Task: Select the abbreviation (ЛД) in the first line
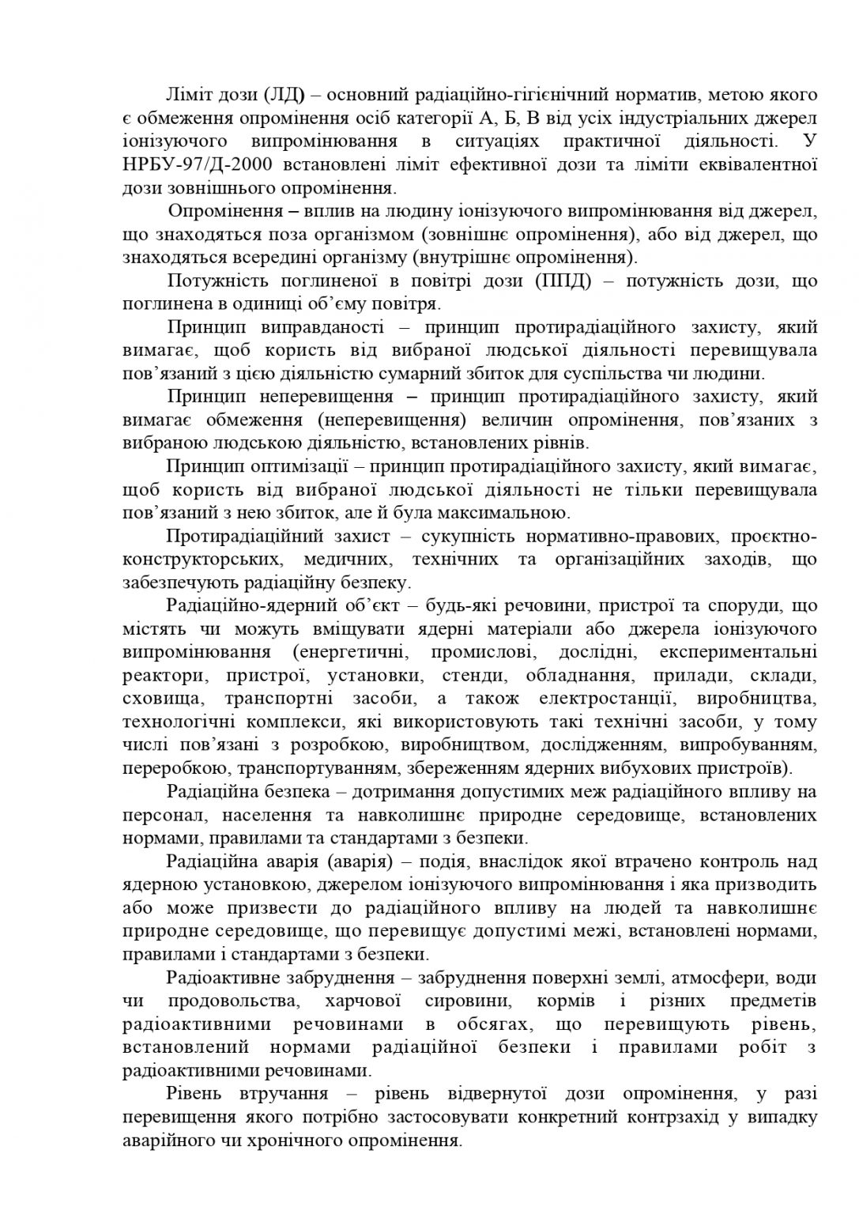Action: click(283, 96)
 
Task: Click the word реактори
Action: click(158, 676)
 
